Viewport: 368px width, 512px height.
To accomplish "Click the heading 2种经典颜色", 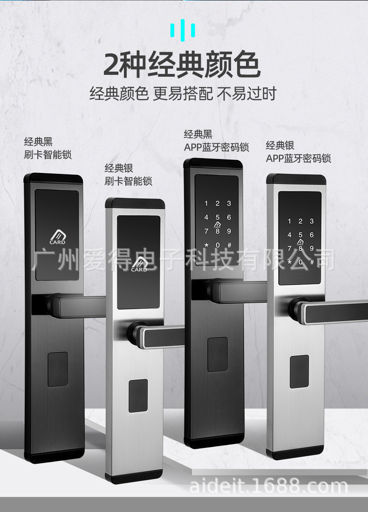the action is point(181,65).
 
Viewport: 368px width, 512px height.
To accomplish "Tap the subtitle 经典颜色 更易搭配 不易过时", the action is point(183,93).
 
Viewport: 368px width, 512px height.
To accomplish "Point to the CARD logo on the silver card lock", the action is point(139,266).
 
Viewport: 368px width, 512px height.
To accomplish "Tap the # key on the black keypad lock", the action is point(229,245).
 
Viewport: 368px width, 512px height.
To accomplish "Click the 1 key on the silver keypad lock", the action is point(289,221).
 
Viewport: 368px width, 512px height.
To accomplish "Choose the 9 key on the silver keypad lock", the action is point(312,248).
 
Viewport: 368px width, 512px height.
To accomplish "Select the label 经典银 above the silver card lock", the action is point(119,168).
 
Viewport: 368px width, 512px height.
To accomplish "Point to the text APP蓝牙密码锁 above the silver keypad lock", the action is point(298,159).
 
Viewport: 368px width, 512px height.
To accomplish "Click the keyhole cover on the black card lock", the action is point(58,369).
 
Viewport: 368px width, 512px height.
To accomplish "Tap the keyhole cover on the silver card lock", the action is point(138,396).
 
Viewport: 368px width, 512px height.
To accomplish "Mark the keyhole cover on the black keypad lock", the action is point(218,354).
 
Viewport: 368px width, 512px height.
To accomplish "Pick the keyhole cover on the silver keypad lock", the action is point(299,372).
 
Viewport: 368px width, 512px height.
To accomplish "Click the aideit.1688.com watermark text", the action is point(269,487).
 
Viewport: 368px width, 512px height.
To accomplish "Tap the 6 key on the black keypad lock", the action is point(229,217).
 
